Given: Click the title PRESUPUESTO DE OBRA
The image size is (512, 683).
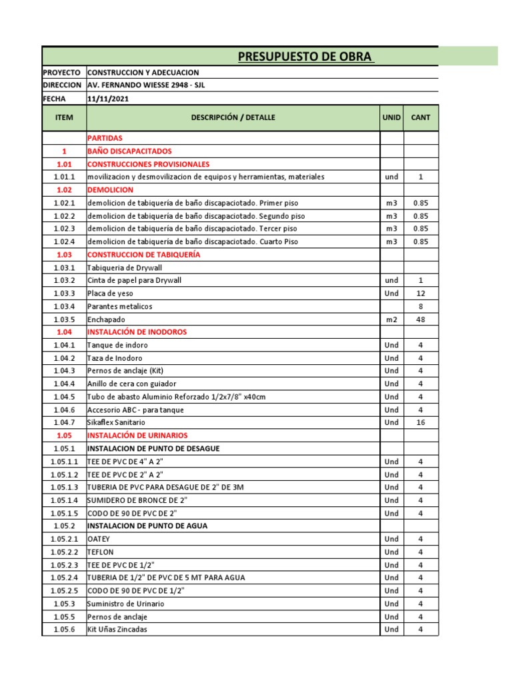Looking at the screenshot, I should tap(306, 56).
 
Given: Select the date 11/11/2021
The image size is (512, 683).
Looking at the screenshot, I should tap(108, 99).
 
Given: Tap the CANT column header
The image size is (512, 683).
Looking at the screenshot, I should tap(421, 117).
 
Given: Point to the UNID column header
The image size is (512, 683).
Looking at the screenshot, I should tap(391, 117).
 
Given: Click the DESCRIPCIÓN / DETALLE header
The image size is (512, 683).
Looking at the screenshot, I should tap(233, 117).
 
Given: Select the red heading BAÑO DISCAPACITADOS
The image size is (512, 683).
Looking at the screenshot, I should tap(129, 151).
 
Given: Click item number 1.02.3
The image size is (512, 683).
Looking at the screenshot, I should tap(64, 229).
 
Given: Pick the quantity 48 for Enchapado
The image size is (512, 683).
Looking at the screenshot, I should tap(421, 319).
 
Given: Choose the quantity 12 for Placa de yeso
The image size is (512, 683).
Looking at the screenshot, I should tap(421, 293).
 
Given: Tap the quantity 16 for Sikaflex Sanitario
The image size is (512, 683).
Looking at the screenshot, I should tap(421, 422).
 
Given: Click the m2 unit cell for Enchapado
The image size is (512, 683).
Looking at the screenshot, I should tap(391, 319).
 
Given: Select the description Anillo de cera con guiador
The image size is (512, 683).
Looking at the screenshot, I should tap(135, 384).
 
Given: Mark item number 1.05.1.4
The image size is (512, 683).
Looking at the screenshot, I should tap(64, 500).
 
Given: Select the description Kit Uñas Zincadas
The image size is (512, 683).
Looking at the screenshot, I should tap(118, 629).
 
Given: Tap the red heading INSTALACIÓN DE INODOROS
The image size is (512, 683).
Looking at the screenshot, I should tap(137, 331).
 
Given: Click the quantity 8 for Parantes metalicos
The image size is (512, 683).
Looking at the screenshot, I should tap(421, 306).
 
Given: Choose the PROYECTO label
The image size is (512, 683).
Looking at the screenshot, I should tap(61, 72).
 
